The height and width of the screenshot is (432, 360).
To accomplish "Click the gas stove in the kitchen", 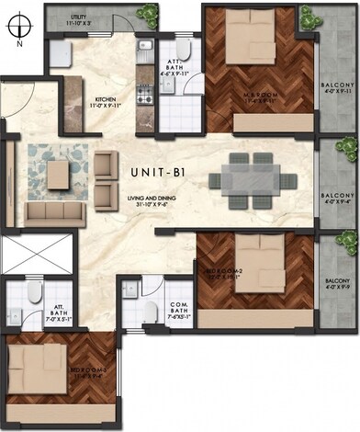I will point(143,94).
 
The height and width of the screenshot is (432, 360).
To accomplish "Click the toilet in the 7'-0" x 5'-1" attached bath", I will point(32,295).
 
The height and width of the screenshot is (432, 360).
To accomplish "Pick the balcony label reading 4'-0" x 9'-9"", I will point(338,284).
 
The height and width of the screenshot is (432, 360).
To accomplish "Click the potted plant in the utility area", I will point(147,13).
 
